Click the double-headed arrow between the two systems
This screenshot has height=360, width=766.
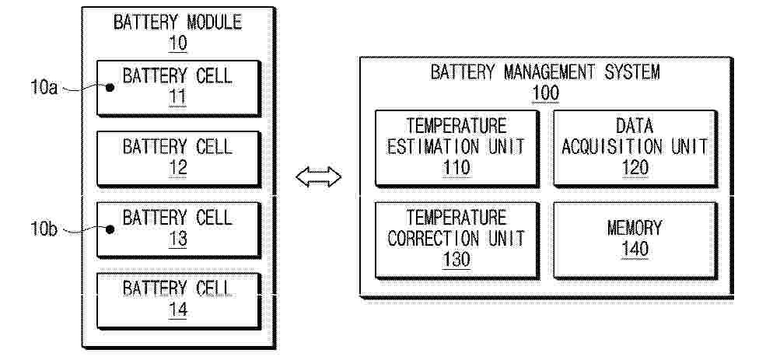319,177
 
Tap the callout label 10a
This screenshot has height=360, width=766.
44,87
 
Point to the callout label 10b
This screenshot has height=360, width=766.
44,229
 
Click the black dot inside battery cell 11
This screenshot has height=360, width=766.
110,87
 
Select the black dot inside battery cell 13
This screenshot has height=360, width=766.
110,229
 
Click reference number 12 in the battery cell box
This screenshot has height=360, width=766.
178,167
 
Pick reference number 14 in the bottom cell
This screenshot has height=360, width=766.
178,309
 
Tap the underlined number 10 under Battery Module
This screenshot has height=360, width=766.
178,43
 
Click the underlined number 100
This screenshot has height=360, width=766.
545,93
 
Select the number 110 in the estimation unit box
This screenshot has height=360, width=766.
456,167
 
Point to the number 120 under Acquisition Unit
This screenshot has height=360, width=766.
635,167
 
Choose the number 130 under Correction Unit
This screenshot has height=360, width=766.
456,259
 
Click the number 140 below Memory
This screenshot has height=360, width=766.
635,249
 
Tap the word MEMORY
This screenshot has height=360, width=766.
635,228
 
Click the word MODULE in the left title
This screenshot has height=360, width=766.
215,23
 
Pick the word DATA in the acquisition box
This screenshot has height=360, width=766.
635,126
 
